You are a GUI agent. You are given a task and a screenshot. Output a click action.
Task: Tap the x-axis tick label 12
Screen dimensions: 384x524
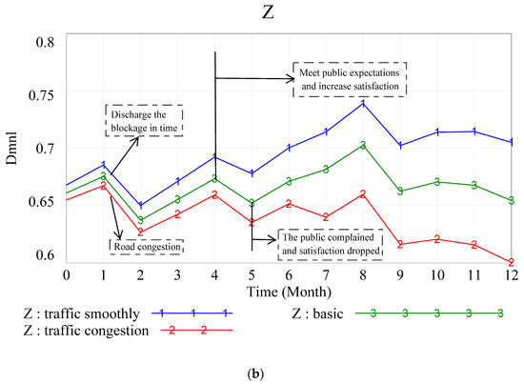coord(512,274)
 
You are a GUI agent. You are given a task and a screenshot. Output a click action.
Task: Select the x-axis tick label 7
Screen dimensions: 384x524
coord(326,274)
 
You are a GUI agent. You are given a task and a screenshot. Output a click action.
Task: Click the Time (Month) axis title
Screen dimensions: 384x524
coord(288,290)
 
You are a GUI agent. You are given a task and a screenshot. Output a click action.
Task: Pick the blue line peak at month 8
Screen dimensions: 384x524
coord(363,102)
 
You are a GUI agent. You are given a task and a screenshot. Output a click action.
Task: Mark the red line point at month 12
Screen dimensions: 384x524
coord(512,261)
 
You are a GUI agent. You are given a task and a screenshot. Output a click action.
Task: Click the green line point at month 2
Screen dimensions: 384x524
coord(141,220)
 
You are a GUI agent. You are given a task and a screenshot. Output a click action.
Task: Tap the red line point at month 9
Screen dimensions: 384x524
coord(400,245)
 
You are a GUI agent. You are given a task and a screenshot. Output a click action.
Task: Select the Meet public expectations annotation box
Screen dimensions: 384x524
coord(348,78)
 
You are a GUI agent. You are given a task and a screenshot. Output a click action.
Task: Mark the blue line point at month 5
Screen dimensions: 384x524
coord(252,173)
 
